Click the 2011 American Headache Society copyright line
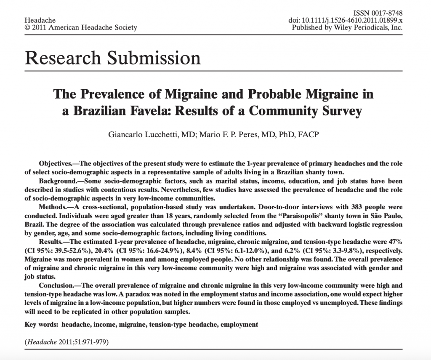coord(81,28)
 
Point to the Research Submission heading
coord(113,57)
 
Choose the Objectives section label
coord(57,163)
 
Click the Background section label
coord(59,181)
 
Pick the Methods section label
coord(54,207)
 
